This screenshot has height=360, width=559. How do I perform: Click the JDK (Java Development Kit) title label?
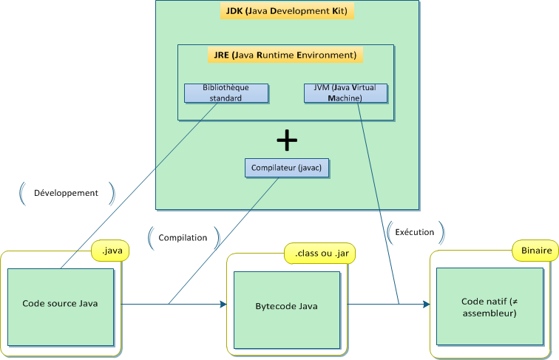[x=288, y=11]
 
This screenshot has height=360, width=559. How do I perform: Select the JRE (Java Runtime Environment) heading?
[x=285, y=55]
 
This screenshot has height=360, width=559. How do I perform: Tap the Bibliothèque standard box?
[x=226, y=92]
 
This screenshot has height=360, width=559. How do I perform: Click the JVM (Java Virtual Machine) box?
[x=345, y=92]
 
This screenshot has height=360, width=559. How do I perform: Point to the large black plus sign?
[x=286, y=139]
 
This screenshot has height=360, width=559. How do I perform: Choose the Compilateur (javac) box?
[x=287, y=168]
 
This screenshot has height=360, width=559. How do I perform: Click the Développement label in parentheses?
[x=66, y=193]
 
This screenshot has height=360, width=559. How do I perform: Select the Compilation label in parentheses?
[x=183, y=237]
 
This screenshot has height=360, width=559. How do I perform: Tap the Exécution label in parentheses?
[x=415, y=232]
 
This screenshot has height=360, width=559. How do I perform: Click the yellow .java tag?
[x=111, y=252]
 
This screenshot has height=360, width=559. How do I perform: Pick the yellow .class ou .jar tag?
[x=321, y=254]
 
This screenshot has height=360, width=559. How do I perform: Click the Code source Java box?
[x=61, y=304]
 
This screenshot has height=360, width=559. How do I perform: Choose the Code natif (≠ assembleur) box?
[x=489, y=307]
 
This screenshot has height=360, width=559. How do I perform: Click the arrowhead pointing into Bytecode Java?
[x=222, y=304]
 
